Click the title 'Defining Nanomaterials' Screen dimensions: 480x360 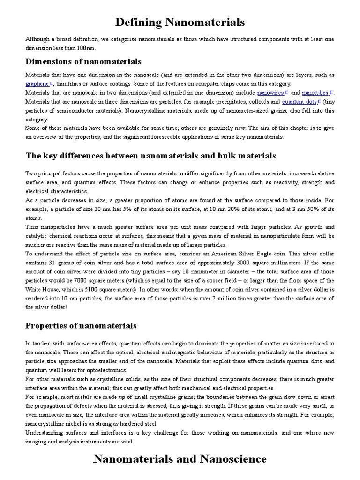[180, 22]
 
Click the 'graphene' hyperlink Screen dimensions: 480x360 [37, 84]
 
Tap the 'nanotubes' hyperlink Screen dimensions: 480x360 [315, 93]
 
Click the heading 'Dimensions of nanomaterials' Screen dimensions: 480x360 [83, 62]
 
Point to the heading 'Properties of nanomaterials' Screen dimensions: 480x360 [81, 325]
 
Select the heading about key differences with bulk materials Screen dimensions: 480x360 [150, 156]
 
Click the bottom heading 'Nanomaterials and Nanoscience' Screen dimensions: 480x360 [180, 458]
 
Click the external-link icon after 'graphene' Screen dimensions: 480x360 [52, 83]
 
